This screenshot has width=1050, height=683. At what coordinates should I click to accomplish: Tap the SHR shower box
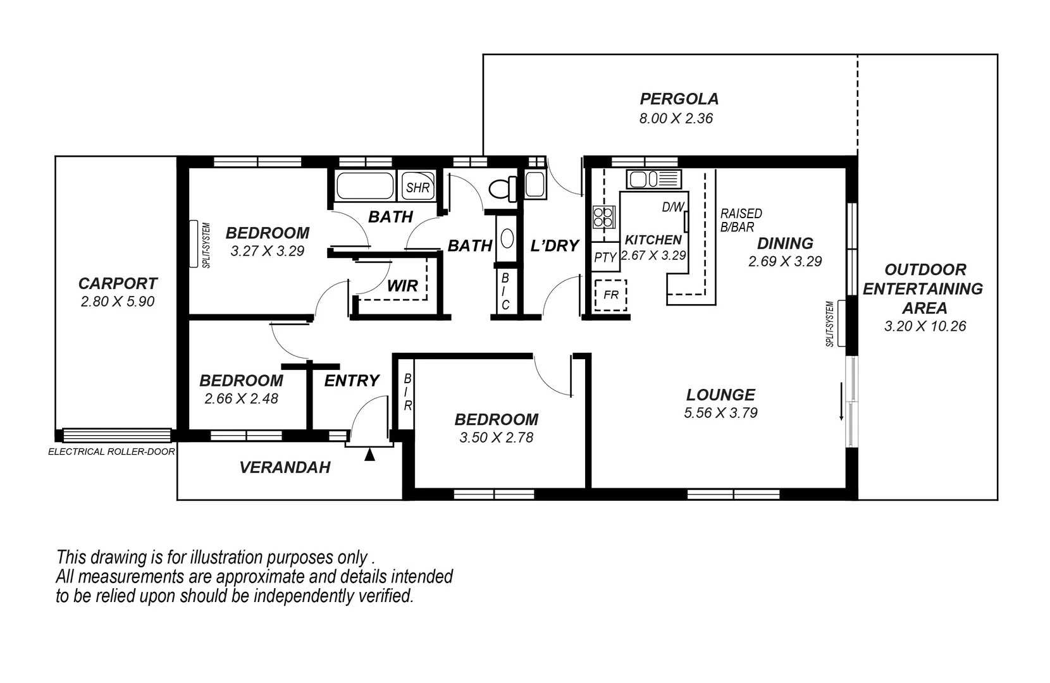pyautogui.click(x=417, y=187)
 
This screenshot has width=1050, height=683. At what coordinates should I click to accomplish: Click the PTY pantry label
pyautogui.click(x=605, y=257)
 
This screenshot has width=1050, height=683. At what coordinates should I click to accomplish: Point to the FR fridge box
pyautogui.click(x=610, y=295)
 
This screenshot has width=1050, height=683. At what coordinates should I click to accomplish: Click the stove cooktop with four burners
pyautogui.click(x=603, y=217)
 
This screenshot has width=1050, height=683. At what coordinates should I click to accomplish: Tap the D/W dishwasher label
pyautogui.click(x=672, y=207)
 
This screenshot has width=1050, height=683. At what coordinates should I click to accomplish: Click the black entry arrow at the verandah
pyautogui.click(x=370, y=454)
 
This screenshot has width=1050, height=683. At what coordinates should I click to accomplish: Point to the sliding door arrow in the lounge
pyautogui.click(x=841, y=402)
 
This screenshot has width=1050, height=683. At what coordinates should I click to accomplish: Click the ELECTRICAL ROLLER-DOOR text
pyautogui.click(x=111, y=452)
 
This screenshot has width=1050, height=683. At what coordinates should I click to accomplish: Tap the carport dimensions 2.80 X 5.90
pyautogui.click(x=118, y=302)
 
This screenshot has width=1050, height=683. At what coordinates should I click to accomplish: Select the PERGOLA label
pyautogui.click(x=679, y=99)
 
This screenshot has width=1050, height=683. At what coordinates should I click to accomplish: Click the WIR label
pyautogui.click(x=402, y=285)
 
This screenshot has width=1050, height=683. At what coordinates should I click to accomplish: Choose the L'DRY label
pyautogui.click(x=554, y=245)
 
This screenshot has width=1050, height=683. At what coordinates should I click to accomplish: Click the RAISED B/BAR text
pyautogui.click(x=740, y=220)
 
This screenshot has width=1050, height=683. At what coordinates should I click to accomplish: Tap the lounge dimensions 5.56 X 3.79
pyautogui.click(x=720, y=413)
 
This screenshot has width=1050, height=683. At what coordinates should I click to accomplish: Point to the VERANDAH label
pyautogui.click(x=285, y=467)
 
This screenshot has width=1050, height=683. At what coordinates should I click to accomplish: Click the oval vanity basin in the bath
pyautogui.click(x=507, y=238)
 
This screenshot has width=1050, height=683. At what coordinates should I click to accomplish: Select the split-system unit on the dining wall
pyautogui.click(x=842, y=323)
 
